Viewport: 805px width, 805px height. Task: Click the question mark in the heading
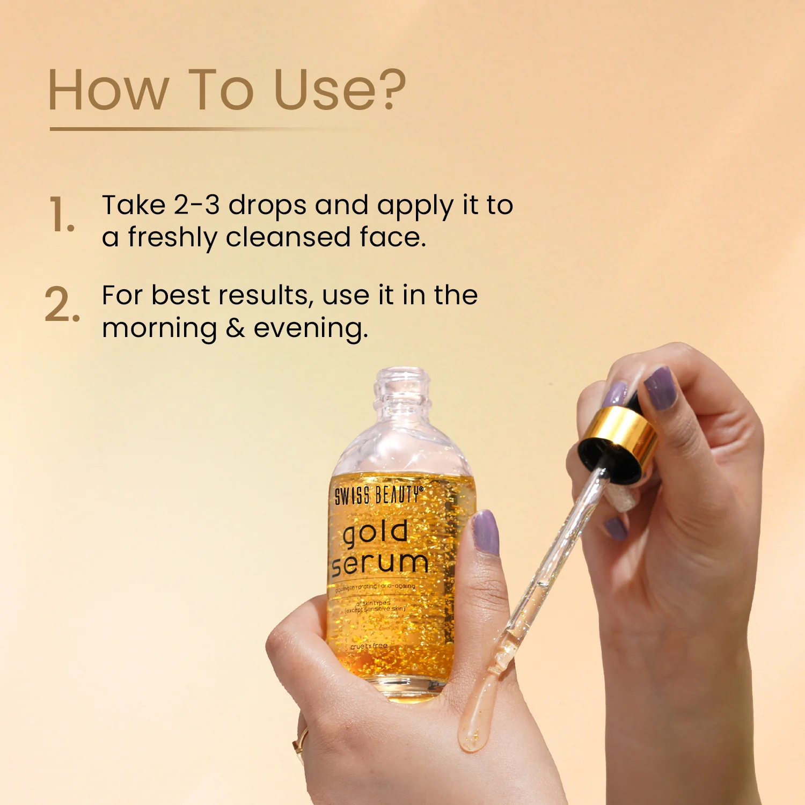(387, 90)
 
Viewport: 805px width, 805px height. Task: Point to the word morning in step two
(159, 328)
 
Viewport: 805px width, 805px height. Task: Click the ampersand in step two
(235, 328)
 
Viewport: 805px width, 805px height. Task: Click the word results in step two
(264, 295)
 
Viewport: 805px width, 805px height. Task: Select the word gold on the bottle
(375, 533)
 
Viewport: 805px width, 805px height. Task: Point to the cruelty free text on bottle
(369, 646)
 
